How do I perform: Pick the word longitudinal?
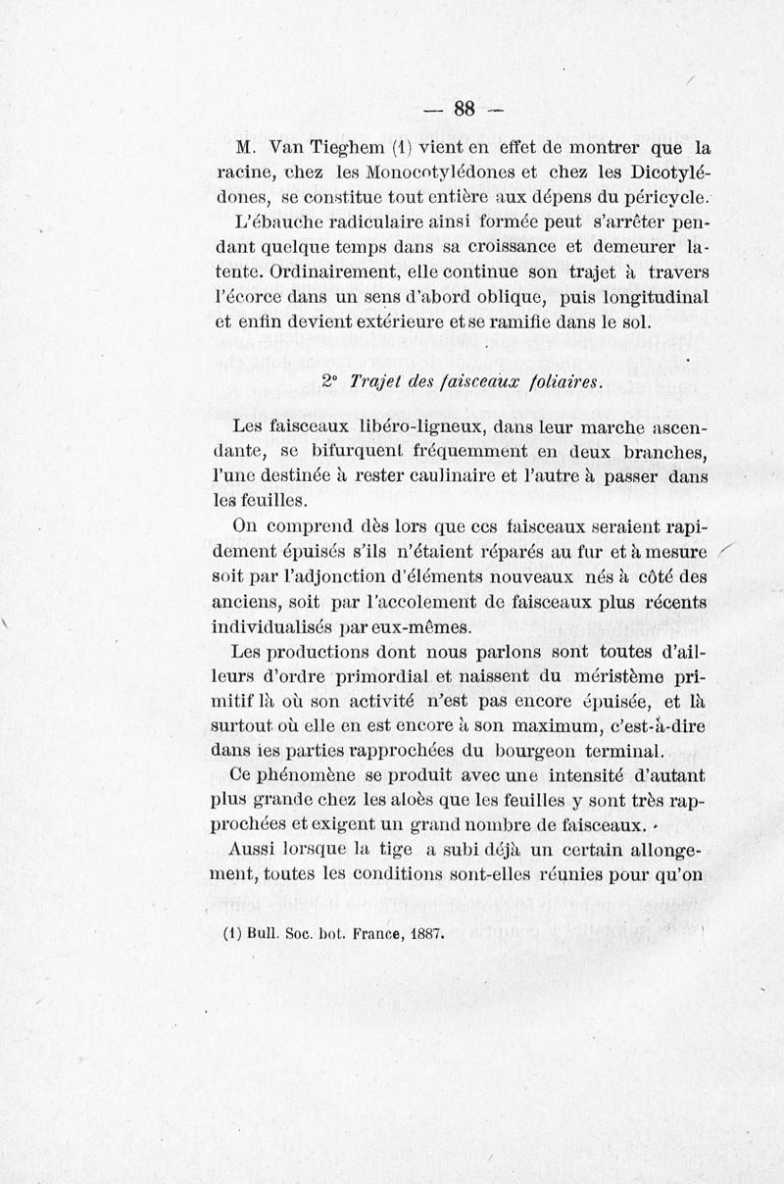point(654,294)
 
